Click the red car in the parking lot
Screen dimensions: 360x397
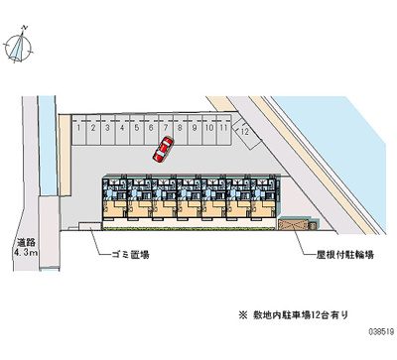pos(163,150)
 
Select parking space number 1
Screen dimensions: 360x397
pos(77,128)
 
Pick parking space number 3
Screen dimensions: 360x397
pos(106,128)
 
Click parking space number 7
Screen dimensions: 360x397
pos(165,128)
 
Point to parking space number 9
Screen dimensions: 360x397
pos(195,128)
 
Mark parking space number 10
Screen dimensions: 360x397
pos(209,128)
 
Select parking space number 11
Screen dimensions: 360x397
pos(225,128)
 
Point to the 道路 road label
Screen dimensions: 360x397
pos(26,243)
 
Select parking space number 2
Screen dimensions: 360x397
pos(92,128)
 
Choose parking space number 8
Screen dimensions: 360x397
pos(180,128)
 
